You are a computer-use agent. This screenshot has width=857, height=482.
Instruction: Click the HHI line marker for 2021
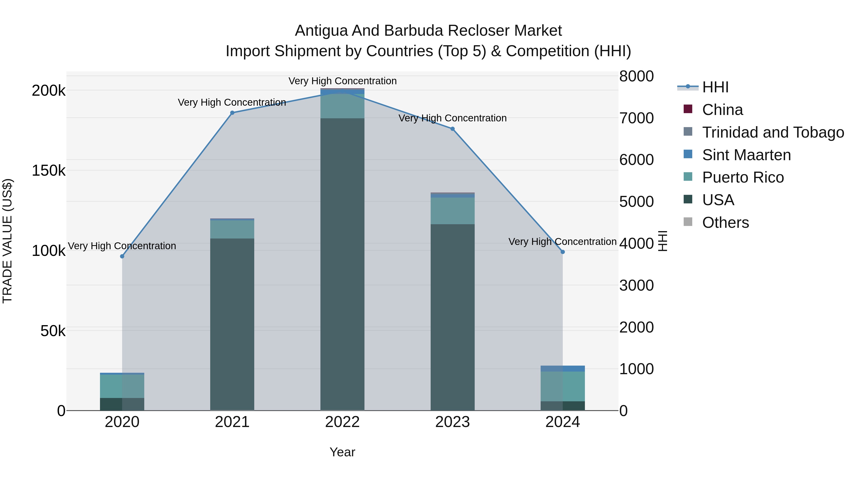pyautogui.click(x=232, y=113)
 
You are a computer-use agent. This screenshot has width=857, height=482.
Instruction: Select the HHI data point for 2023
pyautogui.click(x=453, y=129)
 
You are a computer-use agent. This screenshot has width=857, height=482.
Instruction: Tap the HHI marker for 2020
pyautogui.click(x=122, y=256)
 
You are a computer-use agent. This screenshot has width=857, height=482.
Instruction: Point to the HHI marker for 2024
pyautogui.click(x=563, y=252)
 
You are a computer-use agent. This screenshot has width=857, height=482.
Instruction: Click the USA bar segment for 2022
pyautogui.click(x=342, y=264)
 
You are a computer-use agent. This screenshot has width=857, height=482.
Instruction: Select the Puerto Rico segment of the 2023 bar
pyautogui.click(x=453, y=211)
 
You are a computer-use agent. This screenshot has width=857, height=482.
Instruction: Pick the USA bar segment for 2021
pyautogui.click(x=232, y=324)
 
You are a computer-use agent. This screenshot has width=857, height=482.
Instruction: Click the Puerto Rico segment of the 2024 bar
pyautogui.click(x=563, y=386)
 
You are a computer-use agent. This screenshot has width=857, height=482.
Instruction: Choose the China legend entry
pyautogui.click(x=722, y=110)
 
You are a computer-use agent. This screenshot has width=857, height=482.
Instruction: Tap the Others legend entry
pyautogui.click(x=725, y=223)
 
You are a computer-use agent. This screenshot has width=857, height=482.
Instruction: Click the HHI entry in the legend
pyautogui.click(x=715, y=87)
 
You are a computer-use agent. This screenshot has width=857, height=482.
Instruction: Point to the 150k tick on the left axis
pyautogui.click(x=49, y=171)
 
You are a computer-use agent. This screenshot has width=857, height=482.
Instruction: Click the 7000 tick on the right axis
pyautogui.click(x=636, y=118)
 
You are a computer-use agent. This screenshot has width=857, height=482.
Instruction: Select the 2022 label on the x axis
pyautogui.click(x=342, y=422)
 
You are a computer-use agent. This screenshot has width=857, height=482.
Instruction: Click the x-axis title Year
pyautogui.click(x=342, y=452)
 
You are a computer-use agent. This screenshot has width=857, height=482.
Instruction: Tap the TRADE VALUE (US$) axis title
pyautogui.click(x=7, y=241)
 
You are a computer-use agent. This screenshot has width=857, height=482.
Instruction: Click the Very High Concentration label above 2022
pyautogui.click(x=342, y=81)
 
